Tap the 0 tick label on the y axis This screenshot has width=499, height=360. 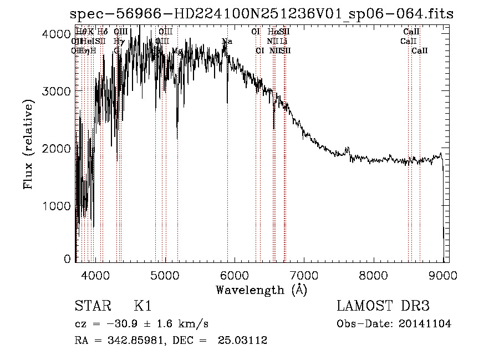[67, 259]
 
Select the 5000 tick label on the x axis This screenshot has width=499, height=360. [165, 274]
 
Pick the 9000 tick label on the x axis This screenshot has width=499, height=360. [443, 274]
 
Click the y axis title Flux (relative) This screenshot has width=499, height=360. [29, 144]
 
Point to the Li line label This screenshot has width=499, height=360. [283, 41]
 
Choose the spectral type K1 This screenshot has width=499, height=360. [142, 306]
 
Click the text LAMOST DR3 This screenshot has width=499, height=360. [383, 306]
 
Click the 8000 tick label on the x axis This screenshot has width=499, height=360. [374, 274]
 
